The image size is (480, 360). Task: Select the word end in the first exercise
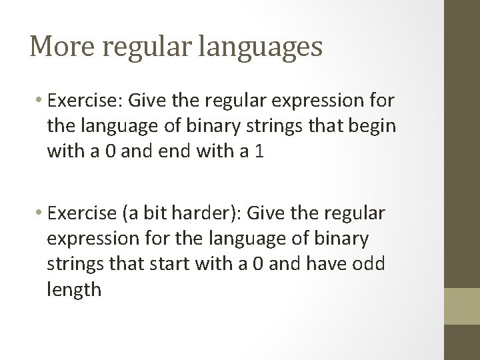pyautogui.click(x=173, y=151)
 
